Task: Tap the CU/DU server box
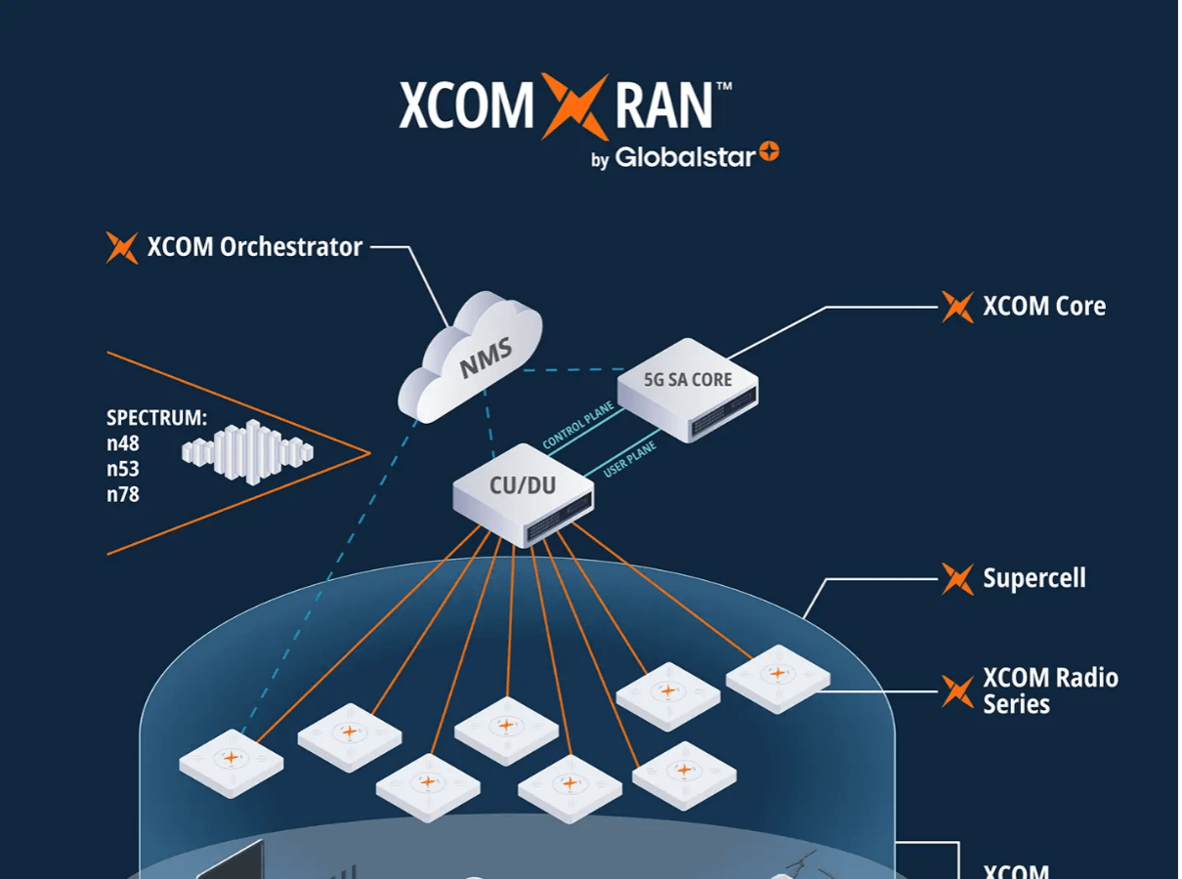(x=524, y=493)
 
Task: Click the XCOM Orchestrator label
(x=255, y=247)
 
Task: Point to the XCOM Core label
(x=1043, y=307)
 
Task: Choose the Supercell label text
(x=1034, y=578)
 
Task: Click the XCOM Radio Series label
(x=1049, y=691)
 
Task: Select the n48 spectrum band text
(x=123, y=443)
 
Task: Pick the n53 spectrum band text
(x=123, y=469)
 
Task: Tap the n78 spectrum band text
(x=123, y=494)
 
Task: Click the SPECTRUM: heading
(x=156, y=418)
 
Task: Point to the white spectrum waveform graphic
(x=247, y=451)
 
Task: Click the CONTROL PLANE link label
(x=578, y=425)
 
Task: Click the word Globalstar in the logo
(x=685, y=157)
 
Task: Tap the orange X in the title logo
(x=575, y=105)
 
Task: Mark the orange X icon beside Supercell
(x=957, y=579)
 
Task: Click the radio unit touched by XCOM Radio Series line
(x=778, y=677)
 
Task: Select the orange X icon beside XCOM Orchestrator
(x=122, y=248)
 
